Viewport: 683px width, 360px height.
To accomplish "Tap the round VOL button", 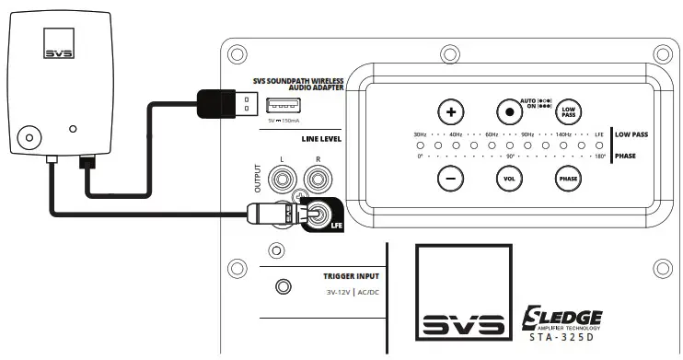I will pyautogui.click(x=508, y=180).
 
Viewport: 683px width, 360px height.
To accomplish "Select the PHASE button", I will pyautogui.click(x=568, y=180).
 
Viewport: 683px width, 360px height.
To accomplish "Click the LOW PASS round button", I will pyautogui.click(x=569, y=112).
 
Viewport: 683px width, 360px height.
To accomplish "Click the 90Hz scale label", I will pyautogui.click(x=527, y=134).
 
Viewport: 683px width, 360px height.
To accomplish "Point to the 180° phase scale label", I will pyautogui.click(x=599, y=157).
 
